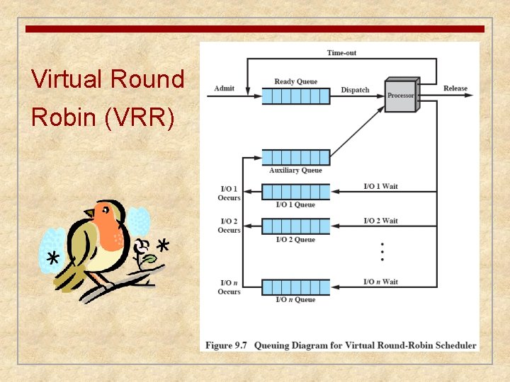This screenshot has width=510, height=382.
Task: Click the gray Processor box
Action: coord(401,95)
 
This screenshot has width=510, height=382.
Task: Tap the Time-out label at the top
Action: coord(341,52)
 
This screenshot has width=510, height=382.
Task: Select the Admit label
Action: coord(225,88)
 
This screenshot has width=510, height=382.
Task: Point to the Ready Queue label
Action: coord(295,81)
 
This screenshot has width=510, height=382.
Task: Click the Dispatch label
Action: coord(355,90)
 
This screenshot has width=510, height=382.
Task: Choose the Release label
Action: coord(455,88)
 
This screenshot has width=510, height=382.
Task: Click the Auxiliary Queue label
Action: coord(295,170)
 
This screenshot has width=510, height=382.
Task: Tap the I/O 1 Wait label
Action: coord(380,186)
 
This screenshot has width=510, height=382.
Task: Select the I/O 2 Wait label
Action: coord(380,221)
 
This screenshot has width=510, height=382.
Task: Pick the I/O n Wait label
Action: coord(380,282)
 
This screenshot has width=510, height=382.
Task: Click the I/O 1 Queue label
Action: coord(295,205)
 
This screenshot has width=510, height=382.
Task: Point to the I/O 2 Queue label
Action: coord(295,240)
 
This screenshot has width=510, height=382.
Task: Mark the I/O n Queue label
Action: coord(295,300)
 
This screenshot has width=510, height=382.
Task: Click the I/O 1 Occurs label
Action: coord(229,193)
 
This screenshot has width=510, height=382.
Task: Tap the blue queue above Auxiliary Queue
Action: coord(295,157)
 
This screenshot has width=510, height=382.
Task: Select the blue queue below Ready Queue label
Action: coord(295,95)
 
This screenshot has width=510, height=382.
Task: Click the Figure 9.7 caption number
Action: coord(226,345)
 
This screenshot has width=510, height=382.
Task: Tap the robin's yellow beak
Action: coord(89,212)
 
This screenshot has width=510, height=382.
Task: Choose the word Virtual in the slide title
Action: coord(68,79)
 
